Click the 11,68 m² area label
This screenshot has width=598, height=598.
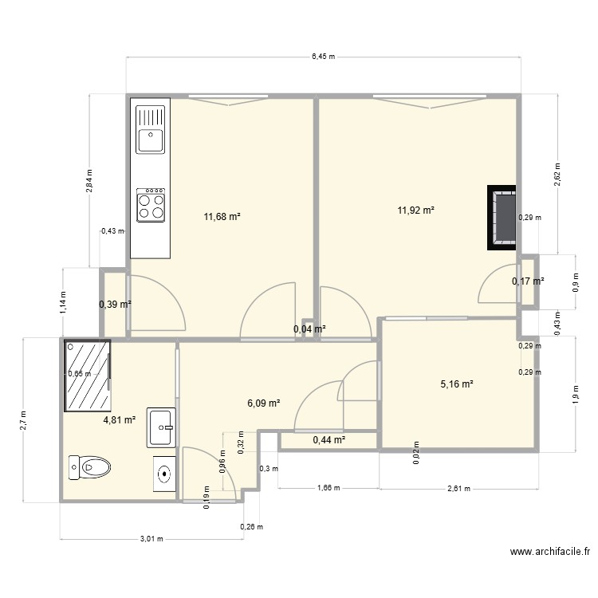[x=222, y=216]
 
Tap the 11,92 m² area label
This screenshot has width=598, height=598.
[x=416, y=210]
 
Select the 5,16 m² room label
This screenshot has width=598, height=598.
[x=457, y=384]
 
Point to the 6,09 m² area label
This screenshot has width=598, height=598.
[x=263, y=403]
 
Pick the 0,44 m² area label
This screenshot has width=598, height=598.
[x=329, y=439]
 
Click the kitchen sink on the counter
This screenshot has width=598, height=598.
[x=151, y=131]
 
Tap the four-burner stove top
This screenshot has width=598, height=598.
[x=151, y=204]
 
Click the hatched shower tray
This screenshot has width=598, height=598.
[x=88, y=373]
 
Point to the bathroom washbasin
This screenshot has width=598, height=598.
[x=161, y=428]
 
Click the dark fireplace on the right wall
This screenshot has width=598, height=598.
[x=503, y=218]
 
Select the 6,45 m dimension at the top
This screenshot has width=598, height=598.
[x=323, y=57]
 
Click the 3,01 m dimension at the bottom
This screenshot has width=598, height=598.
[x=151, y=539]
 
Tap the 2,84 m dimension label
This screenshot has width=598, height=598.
[x=89, y=181]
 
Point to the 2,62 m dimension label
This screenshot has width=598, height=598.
[x=557, y=173]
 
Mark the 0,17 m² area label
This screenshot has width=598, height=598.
[x=528, y=281]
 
